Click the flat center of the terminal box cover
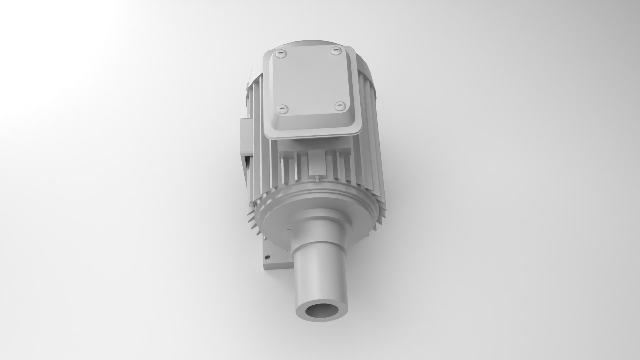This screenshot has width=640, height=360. click(x=308, y=80)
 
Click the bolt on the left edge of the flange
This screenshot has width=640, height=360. click(x=251, y=204)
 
